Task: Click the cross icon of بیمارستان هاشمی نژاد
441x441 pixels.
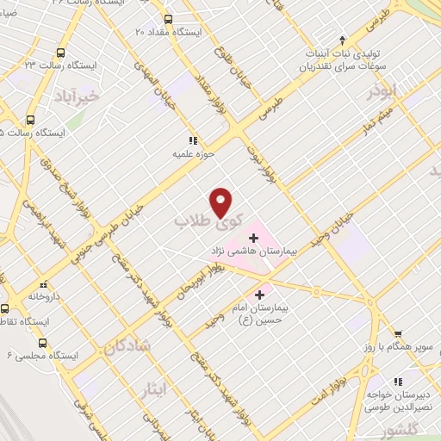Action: pyautogui.click(x=253, y=237)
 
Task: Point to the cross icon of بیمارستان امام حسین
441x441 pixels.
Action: pyautogui.click(x=259, y=295)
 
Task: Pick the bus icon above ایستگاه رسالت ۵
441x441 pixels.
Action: pyautogui.click(x=31, y=120)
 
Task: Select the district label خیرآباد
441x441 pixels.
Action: pyautogui.click(x=78, y=96)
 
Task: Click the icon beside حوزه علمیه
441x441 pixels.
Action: pyautogui.click(x=192, y=141)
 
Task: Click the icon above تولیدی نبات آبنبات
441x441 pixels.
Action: pyautogui.click(x=342, y=40)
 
